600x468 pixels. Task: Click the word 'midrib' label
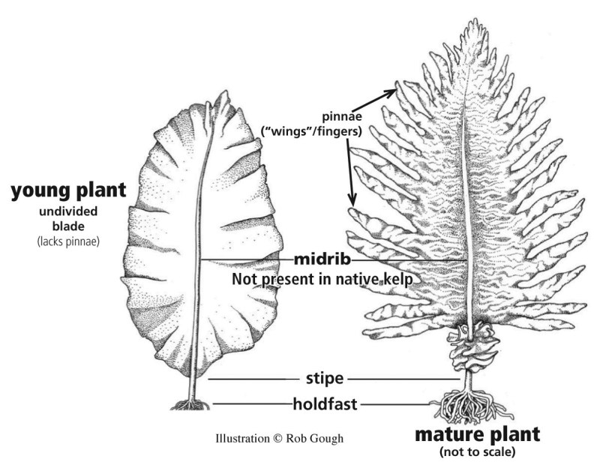pos(322,259)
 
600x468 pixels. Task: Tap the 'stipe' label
pos(325,379)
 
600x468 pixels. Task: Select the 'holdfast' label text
pos(325,404)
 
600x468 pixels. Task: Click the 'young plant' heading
pos(68,190)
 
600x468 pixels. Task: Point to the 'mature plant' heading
pos(478,435)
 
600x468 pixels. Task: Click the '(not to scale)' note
pos(478,452)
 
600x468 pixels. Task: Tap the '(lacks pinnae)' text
pos(68,241)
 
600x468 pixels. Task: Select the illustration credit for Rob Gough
pos(279,439)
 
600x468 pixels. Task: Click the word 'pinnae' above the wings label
pos(342,116)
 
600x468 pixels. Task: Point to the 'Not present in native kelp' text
pos(322,279)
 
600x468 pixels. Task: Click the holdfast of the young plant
pos(190,404)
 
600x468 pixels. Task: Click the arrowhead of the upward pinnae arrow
pos(394,91)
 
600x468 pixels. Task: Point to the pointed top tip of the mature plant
pos(475,19)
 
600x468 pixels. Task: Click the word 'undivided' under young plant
pos(68,211)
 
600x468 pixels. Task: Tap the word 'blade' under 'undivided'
pos(68,226)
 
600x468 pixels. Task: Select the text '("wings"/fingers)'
pos(311,132)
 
